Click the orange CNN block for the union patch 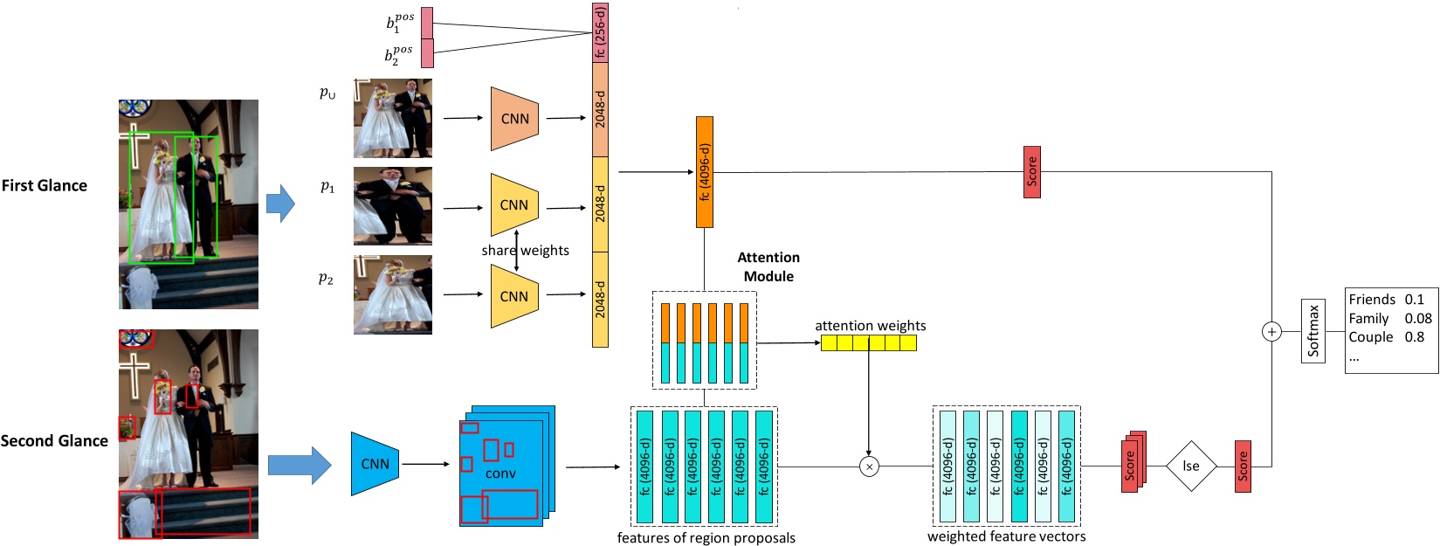click(514, 119)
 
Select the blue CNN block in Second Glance click(375, 464)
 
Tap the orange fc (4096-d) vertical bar click(704, 172)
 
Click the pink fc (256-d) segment click(600, 32)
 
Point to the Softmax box click(1313, 331)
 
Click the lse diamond click(1191, 466)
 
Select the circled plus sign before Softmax click(1271, 331)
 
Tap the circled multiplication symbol click(869, 467)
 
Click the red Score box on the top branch click(1031, 172)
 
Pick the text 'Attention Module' click(768, 266)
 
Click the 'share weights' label click(525, 251)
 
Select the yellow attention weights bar click(868, 343)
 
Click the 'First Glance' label click(45, 185)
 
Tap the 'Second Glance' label click(54, 441)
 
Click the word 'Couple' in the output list click(1370, 337)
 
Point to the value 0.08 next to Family click(1418, 319)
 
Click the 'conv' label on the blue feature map click(500, 473)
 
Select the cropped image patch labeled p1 click(392, 206)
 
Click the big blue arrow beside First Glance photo click(280, 204)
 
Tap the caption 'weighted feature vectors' click(1006, 536)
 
